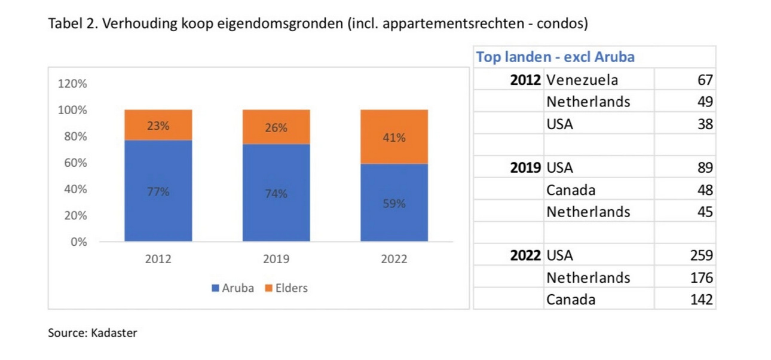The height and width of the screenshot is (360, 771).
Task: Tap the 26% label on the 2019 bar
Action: pyautogui.click(x=276, y=128)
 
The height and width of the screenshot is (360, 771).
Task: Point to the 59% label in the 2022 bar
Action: pyautogui.click(x=394, y=203)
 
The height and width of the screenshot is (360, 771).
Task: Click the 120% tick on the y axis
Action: pyautogui.click(x=72, y=84)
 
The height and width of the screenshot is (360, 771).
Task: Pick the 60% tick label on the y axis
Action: pyautogui.click(x=75, y=163)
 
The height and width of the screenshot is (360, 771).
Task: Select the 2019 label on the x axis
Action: pyautogui.click(x=276, y=259)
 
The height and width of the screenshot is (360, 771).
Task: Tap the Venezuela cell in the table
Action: pyautogui.click(x=582, y=80)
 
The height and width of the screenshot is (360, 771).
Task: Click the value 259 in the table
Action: pyautogui.click(x=701, y=255)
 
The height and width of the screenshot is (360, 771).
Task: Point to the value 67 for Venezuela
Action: pyautogui.click(x=705, y=80)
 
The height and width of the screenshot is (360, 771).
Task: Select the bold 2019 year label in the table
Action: pyautogui.click(x=525, y=167)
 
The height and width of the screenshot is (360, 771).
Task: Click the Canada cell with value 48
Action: pyautogui.click(x=571, y=190)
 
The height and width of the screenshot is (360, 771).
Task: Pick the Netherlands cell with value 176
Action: pyautogui.click(x=588, y=277)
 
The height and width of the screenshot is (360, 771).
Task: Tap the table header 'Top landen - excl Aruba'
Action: pyautogui.click(x=555, y=57)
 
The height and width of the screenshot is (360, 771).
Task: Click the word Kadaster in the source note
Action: pyautogui.click(x=114, y=333)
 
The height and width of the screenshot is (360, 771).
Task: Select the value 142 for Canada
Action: pyautogui.click(x=701, y=300)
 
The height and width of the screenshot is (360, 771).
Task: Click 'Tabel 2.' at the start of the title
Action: pyautogui.click(x=69, y=24)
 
